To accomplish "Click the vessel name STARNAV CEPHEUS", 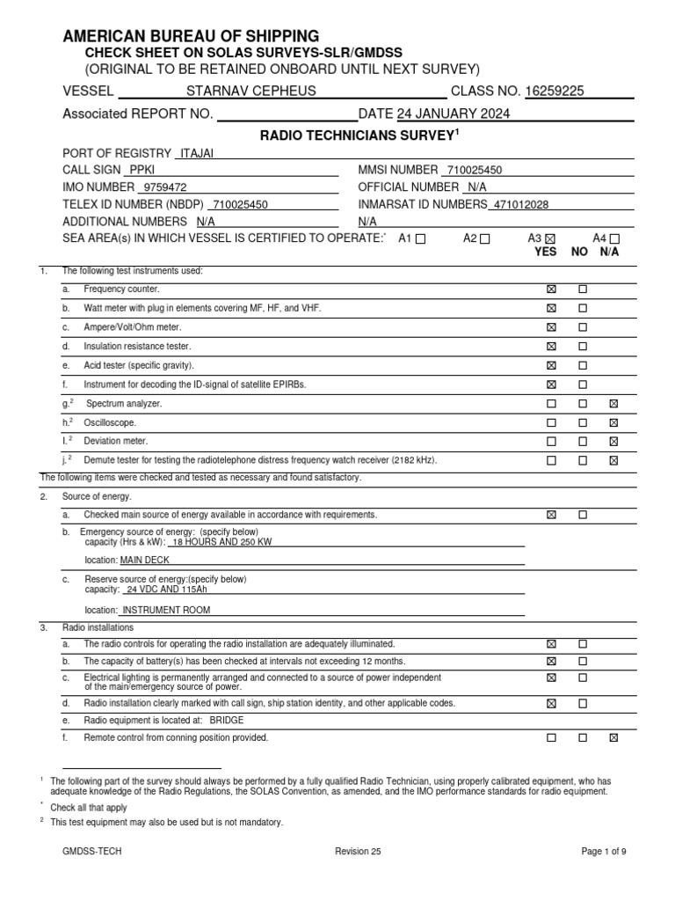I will (250, 91).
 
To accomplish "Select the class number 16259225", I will (555, 91).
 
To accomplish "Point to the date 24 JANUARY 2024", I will (454, 114).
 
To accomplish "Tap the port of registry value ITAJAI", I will (197, 153).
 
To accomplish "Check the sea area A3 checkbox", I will (551, 238).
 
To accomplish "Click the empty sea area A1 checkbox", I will (421, 238).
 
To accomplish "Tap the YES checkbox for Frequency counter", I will (551, 289).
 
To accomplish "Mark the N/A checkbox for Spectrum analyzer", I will (613, 403).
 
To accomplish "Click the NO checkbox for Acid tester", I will (582, 365).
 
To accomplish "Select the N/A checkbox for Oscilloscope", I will (613, 422).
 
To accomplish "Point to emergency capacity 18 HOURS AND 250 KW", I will (214, 542).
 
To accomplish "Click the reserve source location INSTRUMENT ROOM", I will (166, 609).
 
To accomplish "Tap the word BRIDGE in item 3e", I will (228, 720).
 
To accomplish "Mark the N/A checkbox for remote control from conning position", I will (613, 737).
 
